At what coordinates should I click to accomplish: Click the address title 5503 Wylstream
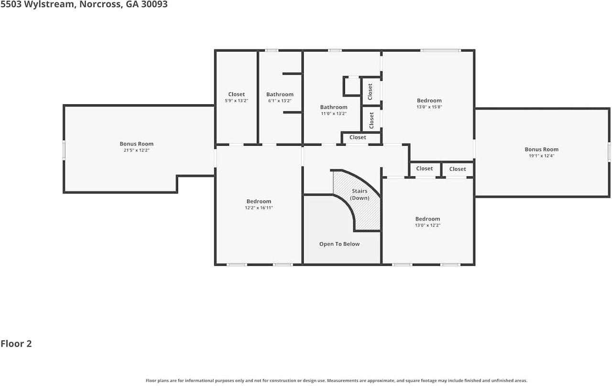[x=84, y=4]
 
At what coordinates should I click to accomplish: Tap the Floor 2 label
[x=16, y=343]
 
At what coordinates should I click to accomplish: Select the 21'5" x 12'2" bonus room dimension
[x=136, y=150]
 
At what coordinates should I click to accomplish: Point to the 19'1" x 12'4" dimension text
[x=542, y=156]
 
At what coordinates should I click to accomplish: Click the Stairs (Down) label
[x=360, y=194]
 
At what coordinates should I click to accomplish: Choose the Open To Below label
[x=339, y=244]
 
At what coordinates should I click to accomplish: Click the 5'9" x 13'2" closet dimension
[x=236, y=100]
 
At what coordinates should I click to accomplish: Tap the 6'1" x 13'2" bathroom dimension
[x=280, y=100]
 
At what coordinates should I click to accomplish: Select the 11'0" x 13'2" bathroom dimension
[x=334, y=113]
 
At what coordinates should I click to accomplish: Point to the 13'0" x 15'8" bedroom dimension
[x=429, y=107]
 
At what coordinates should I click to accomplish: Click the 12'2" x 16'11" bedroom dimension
[x=259, y=208]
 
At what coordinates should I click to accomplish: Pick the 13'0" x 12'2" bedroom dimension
[x=427, y=225]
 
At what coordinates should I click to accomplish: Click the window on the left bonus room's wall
[x=64, y=150]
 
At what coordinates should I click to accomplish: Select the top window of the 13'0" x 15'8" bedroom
[x=440, y=50]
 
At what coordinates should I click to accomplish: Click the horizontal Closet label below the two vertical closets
[x=358, y=137]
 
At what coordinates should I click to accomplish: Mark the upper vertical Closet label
[x=370, y=91]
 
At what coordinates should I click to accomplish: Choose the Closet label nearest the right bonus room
[x=458, y=169]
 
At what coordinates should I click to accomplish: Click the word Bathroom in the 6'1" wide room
[x=280, y=94]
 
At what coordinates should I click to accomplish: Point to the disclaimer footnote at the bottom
[x=336, y=381]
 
